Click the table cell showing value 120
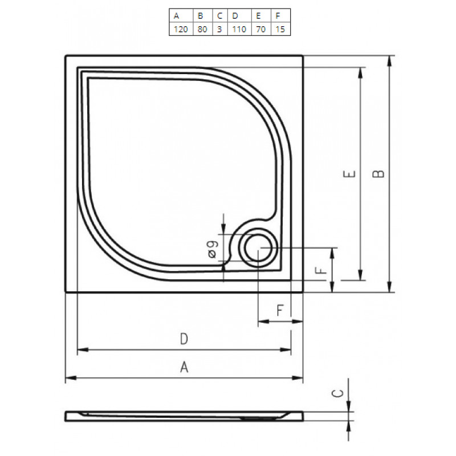point(181,29)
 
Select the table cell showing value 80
point(203,29)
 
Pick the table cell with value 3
point(220,29)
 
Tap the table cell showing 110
point(239,29)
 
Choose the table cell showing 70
point(261,29)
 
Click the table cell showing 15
point(280,29)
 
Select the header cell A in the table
point(181,16)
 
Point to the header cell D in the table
point(239,16)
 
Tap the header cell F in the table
point(280,16)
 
